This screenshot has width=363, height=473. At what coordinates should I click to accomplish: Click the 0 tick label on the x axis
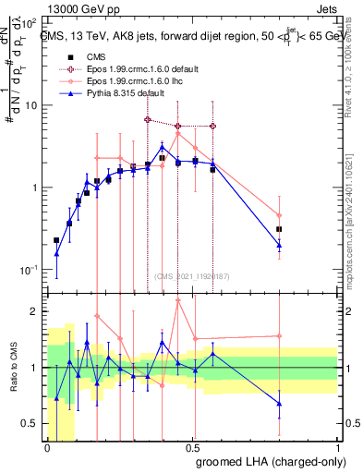47,449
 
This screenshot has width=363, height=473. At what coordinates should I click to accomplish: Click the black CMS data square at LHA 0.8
279,229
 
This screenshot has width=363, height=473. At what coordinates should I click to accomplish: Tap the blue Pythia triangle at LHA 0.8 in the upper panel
279,245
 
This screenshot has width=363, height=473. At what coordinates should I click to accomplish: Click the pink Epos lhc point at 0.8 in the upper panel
279,215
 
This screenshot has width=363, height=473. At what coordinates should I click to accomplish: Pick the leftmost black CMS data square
56,240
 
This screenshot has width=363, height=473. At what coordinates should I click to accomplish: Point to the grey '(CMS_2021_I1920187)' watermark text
191,276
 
